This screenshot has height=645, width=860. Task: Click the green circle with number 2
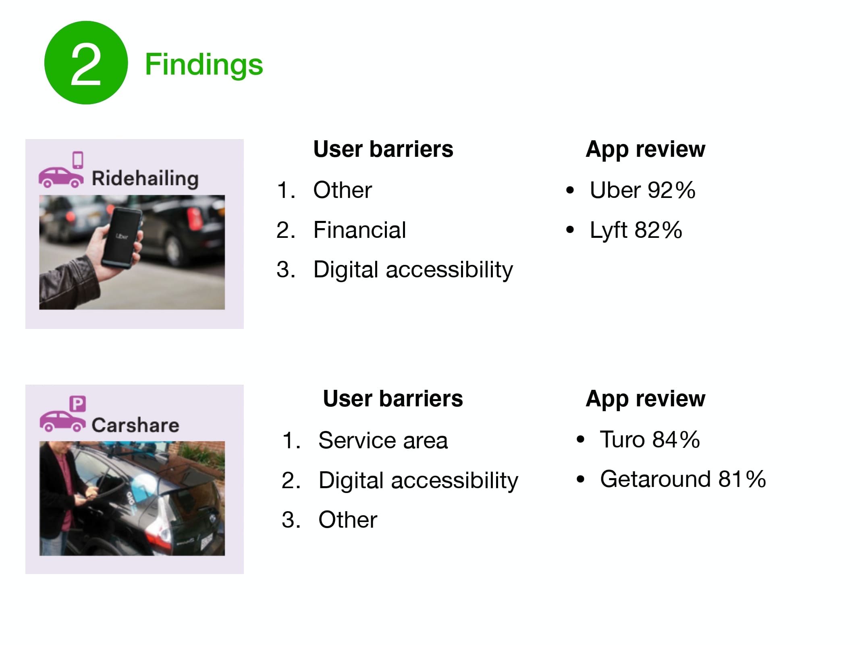coord(86,63)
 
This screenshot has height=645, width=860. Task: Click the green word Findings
coord(204,64)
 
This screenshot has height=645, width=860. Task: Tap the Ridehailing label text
coord(145,178)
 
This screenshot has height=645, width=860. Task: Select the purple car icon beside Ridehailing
coord(61,177)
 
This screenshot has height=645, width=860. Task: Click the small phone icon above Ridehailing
coord(78,160)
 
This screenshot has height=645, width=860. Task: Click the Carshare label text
coord(135,425)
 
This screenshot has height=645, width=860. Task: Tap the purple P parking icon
coord(78,404)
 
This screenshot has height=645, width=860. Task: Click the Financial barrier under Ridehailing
coord(359,230)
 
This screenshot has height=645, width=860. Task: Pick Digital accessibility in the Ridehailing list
coord(413,270)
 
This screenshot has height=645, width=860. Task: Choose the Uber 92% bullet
coord(642,190)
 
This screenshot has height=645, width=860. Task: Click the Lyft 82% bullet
coord(636,230)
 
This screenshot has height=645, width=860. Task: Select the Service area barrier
coord(383,440)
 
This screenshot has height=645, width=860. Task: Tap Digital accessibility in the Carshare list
coord(418,480)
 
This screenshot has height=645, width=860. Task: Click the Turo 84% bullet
coord(650,439)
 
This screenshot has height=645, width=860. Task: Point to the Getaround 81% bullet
coord(683,479)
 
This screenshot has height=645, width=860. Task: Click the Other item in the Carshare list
coord(348,520)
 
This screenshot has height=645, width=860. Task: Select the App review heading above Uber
coord(645,150)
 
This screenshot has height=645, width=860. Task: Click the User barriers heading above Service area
coord(393,399)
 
